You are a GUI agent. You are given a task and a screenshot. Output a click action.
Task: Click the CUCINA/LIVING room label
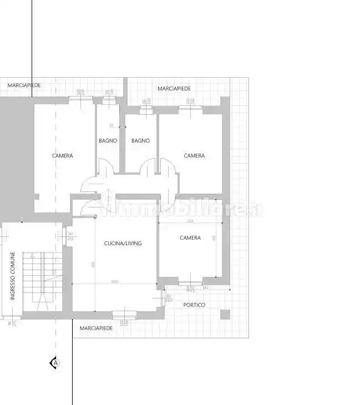coord(123,243)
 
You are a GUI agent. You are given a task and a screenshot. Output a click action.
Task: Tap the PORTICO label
coord(194,305)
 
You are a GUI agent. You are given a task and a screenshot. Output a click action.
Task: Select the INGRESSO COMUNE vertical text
coord(13,275)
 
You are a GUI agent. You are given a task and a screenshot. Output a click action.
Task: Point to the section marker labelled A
coord(55,363)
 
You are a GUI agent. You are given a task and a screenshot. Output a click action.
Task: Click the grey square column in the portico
coord(225,314)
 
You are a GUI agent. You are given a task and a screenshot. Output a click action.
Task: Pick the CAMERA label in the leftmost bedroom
coord(62,156)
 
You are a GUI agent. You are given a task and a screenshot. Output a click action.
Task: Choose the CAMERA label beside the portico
coord(190,237)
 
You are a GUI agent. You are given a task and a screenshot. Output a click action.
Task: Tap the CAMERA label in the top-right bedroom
coord(194,156)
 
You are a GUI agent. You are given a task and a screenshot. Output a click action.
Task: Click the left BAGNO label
coord(108,141)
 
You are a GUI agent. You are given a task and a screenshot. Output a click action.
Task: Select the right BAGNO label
coord(140,141)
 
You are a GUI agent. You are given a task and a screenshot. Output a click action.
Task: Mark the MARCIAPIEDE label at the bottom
coord(96,328)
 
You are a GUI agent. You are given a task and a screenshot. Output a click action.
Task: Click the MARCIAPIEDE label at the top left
coord(24,85)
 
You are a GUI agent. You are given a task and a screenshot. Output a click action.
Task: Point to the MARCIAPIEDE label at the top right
coord(174,89)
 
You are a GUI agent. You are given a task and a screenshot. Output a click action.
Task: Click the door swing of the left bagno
coord(105,167)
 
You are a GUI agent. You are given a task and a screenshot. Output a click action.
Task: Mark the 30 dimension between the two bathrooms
coord(111,125)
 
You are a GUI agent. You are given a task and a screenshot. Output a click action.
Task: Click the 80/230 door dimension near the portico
coord(169,298)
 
